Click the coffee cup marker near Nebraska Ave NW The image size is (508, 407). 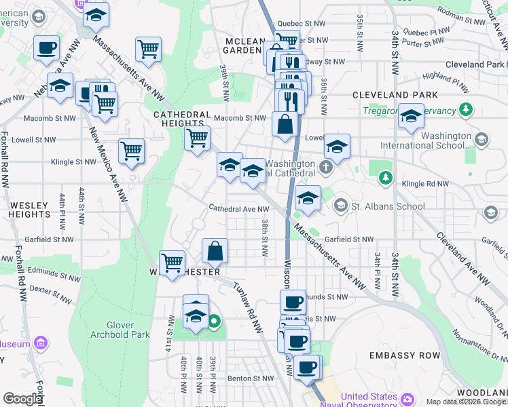click(x=47, y=48)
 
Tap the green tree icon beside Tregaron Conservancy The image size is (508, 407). click(x=466, y=110)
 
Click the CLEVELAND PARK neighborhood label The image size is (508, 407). click(x=395, y=95)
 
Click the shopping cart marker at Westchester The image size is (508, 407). click(x=173, y=261)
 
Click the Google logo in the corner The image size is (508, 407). click(x=22, y=399)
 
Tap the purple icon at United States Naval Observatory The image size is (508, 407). click(x=407, y=398)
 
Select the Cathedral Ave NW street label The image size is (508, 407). click(x=234, y=209)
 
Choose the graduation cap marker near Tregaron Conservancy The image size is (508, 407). click(x=411, y=116)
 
